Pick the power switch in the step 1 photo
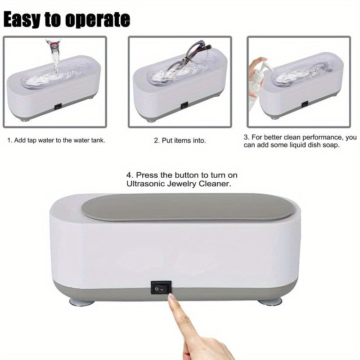[57, 107]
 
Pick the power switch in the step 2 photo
[184, 106]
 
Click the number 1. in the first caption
[9, 140]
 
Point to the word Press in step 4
[146, 175]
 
